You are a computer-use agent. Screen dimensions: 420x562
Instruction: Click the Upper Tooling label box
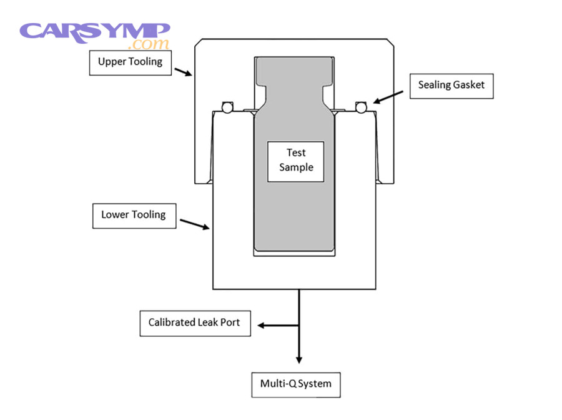pyautogui.click(x=130, y=62)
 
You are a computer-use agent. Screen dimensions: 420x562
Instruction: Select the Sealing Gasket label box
pyautogui.click(x=451, y=85)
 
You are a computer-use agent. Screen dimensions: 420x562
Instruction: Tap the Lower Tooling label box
pyautogui.click(x=134, y=214)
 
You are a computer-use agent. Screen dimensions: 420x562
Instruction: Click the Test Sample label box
pyautogui.click(x=295, y=161)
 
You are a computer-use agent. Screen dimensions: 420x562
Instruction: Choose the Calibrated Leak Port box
pyautogui.click(x=195, y=323)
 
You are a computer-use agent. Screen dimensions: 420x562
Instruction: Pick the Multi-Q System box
pyautogui.click(x=296, y=383)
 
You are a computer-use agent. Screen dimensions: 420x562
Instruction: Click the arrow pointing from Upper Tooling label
pyautogui.click(x=183, y=72)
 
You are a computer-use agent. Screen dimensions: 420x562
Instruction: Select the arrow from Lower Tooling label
pyautogui.click(x=195, y=224)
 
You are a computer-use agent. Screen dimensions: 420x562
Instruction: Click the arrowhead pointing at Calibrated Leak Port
pyautogui.click(x=262, y=325)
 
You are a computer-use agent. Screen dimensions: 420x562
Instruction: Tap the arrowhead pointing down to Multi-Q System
pyautogui.click(x=299, y=359)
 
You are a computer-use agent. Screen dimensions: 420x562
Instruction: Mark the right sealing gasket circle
pyautogui.click(x=360, y=107)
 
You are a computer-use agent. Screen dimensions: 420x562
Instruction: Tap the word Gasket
pyautogui.click(x=469, y=85)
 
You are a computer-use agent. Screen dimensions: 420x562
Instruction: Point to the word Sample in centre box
pyautogui.click(x=296, y=167)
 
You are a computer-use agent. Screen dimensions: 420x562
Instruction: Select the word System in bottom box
pyautogui.click(x=314, y=383)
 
